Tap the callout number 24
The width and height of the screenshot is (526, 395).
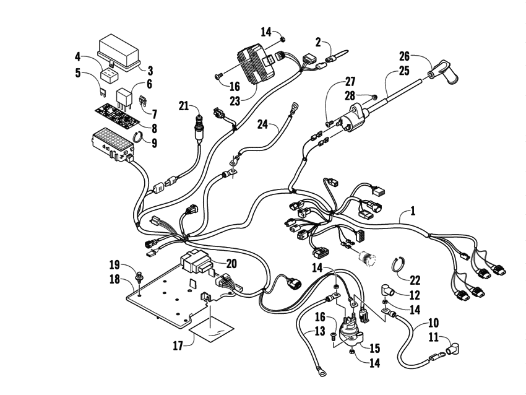point(262,124)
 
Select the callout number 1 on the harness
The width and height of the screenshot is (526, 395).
point(413,211)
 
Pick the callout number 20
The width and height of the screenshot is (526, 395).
point(231,263)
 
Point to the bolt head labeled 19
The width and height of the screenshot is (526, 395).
point(140,271)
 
